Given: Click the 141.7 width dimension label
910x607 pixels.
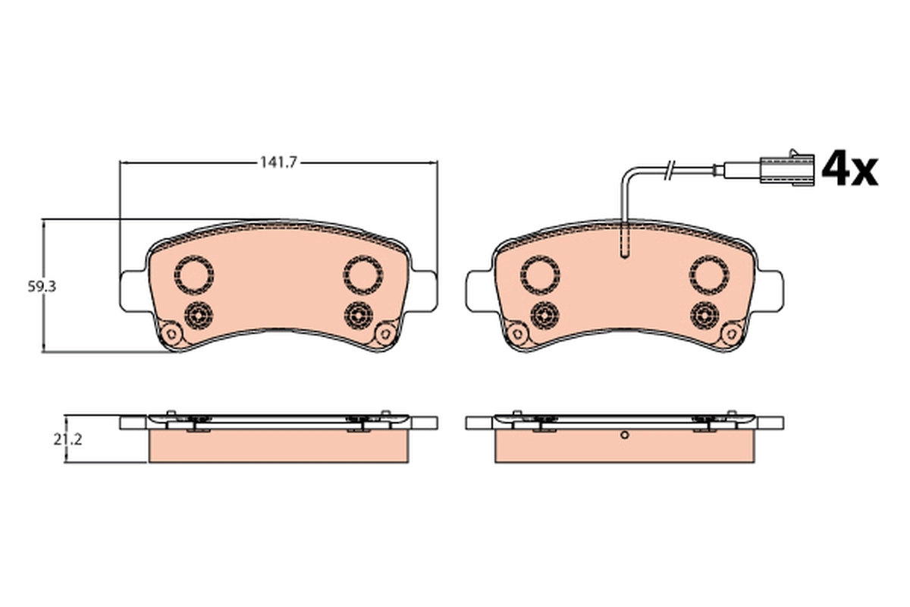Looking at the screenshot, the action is point(279,162).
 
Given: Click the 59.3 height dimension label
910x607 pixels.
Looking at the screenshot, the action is point(42,287).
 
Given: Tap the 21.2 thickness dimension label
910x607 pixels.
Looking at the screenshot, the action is point(67,439).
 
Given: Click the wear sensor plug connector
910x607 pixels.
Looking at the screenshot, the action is point(787,169).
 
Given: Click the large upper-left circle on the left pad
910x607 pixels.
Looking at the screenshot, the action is point(194,275).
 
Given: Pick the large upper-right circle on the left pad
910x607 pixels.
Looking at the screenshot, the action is point(362,275).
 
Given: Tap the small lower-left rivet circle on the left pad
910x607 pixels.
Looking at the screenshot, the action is point(198,315).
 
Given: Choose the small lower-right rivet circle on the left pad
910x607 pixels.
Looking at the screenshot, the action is point(358,315).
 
